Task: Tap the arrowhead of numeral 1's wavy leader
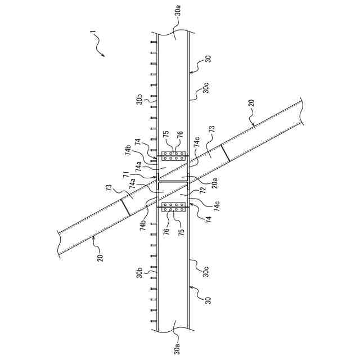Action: pos(104,55)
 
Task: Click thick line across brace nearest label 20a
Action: pos(225,152)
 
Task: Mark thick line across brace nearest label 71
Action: pos(125,206)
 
